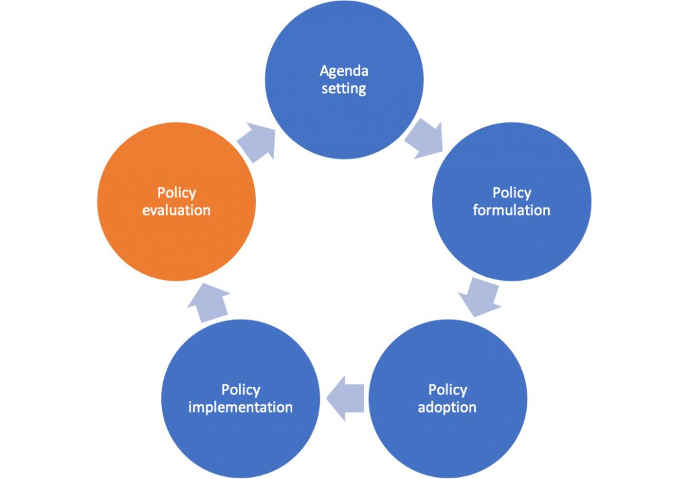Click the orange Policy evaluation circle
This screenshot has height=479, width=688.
(177, 202)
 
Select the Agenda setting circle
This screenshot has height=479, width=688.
(344, 80)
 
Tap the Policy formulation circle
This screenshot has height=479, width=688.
(511, 202)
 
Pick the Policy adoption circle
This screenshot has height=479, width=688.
(447, 398)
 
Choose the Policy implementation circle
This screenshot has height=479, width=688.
(241, 398)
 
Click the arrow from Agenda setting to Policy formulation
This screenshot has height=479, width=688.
(425, 138)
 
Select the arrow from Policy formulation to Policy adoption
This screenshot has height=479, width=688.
(480, 297)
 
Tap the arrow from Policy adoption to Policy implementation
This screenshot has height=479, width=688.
(345, 398)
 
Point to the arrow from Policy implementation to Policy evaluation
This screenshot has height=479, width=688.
(208, 302)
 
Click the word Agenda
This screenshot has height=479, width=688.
(344, 71)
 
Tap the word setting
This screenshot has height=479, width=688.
(344, 89)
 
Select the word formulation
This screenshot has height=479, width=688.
(511, 210)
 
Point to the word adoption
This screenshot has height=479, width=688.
(447, 407)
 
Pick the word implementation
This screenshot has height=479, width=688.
(241, 407)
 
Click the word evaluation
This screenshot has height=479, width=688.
(177, 210)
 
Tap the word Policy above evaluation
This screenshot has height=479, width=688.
(177, 193)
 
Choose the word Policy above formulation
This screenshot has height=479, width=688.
(512, 193)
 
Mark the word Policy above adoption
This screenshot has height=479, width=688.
(448, 390)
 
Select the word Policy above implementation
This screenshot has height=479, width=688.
(241, 390)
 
